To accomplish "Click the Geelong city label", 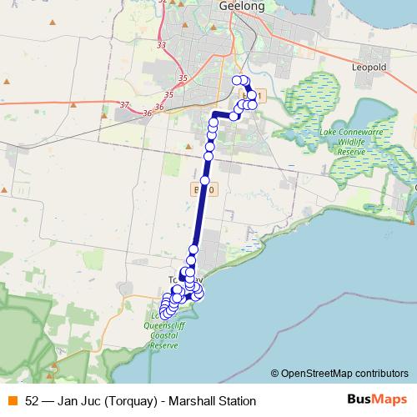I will click(x=241, y=6).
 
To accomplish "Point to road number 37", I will click(x=124, y=105).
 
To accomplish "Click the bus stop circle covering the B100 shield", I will click(x=205, y=181).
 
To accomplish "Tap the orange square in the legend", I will click(x=12, y=401).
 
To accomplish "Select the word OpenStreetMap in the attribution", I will click(x=319, y=374).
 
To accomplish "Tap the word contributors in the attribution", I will click(x=383, y=374).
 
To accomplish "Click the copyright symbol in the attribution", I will click(x=275, y=374).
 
